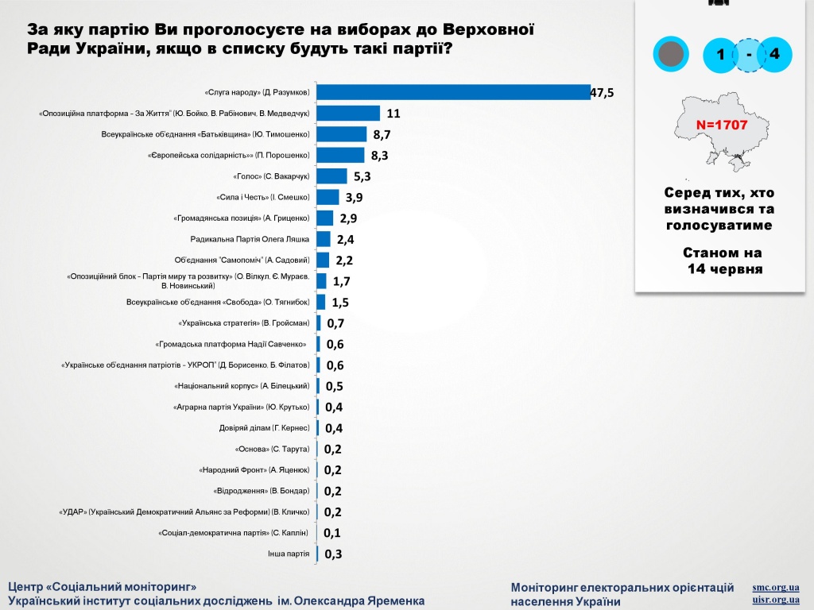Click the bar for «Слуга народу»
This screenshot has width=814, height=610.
453,92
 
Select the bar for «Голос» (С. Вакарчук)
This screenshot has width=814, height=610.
331,176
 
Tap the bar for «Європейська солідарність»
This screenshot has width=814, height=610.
340,155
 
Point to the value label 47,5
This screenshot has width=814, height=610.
603,93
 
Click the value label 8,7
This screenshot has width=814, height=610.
382,135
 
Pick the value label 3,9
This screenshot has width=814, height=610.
354,198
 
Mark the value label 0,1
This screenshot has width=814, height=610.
332,533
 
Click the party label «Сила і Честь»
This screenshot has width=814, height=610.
262,197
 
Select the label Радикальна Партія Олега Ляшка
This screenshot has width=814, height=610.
250,239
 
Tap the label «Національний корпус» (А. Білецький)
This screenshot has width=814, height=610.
242,386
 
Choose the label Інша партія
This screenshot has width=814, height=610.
289,554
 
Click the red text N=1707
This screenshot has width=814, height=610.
722,125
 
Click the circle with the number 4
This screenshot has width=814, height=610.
774,54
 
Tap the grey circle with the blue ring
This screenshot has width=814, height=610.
671,54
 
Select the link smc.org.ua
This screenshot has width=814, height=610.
776,588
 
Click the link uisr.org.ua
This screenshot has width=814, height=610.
776,600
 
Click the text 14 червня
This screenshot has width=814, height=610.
725,268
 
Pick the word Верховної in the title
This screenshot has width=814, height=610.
489,29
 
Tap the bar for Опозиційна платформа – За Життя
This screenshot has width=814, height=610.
348,113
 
